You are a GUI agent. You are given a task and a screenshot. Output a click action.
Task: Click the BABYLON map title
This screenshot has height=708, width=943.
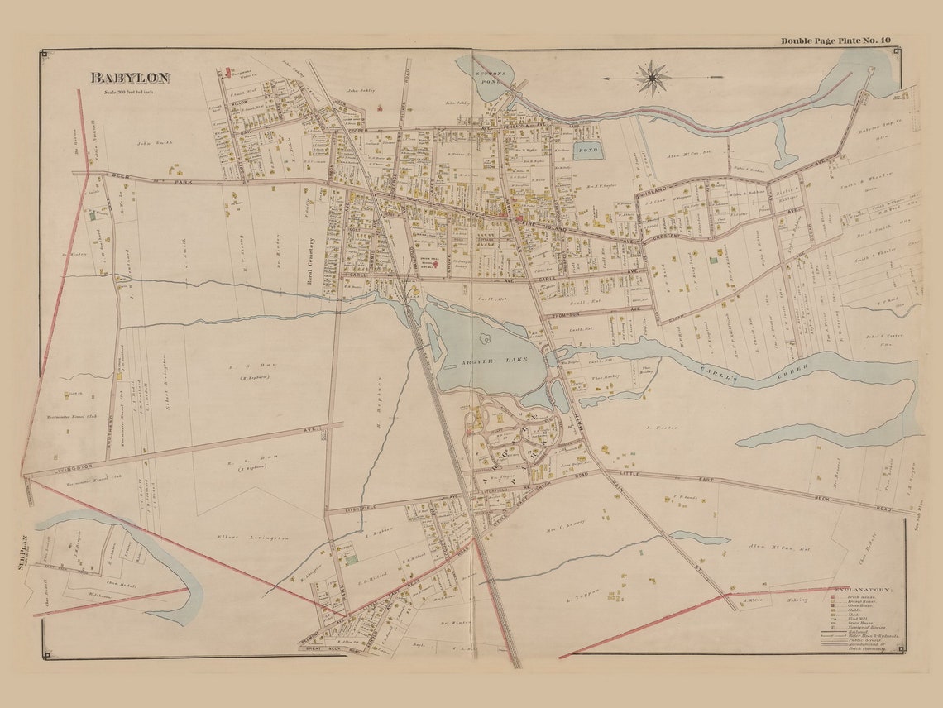(130, 78)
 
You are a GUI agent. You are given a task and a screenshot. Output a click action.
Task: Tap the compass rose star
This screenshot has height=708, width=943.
(652, 78)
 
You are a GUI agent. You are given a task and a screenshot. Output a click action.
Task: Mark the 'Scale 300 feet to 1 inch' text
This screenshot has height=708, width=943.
(130, 92)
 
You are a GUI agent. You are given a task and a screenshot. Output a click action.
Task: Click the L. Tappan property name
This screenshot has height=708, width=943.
(582, 596)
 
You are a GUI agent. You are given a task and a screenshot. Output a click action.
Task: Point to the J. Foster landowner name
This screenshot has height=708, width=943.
(660, 428)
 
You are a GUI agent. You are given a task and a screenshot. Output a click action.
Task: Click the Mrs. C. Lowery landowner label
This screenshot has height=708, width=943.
(562, 522)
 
